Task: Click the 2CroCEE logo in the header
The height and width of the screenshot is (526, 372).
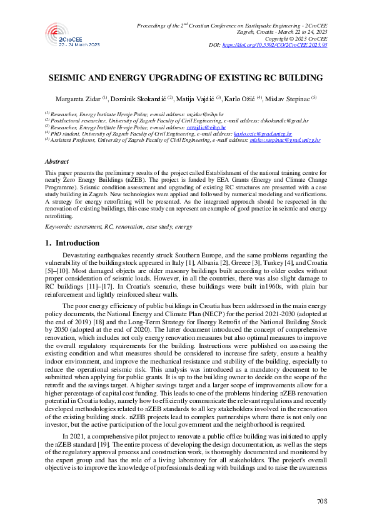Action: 73,36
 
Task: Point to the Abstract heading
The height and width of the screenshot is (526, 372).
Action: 57,161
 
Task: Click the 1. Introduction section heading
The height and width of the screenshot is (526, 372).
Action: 73,242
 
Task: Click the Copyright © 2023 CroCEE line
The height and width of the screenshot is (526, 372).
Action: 298,39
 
